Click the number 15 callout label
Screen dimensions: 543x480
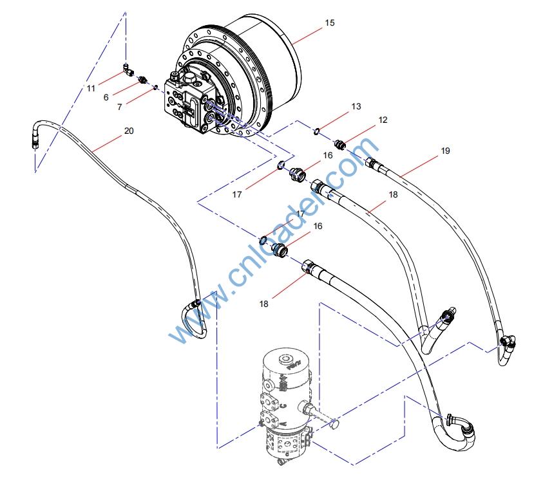coord(330,23)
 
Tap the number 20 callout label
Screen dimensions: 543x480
coord(129,131)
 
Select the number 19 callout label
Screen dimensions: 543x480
coord(445,151)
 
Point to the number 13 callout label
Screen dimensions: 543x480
coord(356,107)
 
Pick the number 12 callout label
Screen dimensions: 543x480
coord(383,120)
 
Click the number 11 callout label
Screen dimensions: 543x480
coord(91,89)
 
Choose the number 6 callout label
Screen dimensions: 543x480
coord(106,98)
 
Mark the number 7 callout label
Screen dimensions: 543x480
coord(119,107)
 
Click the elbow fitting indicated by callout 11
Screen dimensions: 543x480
coord(128,69)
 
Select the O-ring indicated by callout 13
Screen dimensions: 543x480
coord(316,131)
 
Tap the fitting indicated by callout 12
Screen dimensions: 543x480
coord(339,143)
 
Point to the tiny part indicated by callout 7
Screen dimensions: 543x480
coord(156,87)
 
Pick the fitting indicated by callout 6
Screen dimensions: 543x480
coord(142,81)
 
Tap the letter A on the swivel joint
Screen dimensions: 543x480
coord(283,423)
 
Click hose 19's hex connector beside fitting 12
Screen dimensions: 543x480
coord(371,163)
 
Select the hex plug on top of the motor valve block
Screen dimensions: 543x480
coord(189,77)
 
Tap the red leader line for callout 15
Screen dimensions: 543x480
coord(307,36)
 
